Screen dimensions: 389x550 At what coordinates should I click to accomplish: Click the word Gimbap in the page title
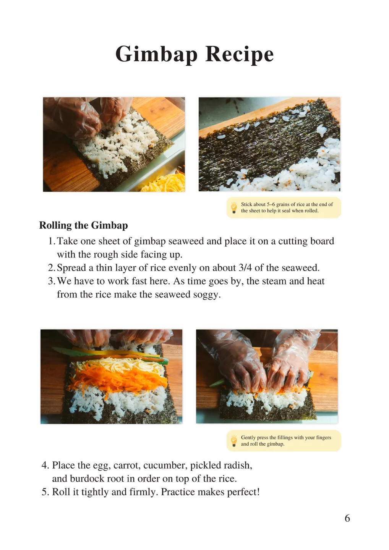pyautogui.click(x=156, y=54)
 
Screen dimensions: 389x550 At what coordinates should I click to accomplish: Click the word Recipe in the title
pyautogui.click(x=240, y=54)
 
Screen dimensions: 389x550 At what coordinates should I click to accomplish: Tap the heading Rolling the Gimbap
pyautogui.click(x=84, y=225)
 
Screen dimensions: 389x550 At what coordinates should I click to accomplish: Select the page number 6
pyautogui.click(x=347, y=518)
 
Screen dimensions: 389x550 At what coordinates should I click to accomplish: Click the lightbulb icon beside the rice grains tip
pyautogui.click(x=234, y=207)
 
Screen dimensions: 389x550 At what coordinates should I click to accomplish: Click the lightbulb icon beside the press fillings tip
pyautogui.click(x=234, y=441)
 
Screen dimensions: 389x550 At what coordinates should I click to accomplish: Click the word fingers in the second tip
pyautogui.click(x=323, y=438)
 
